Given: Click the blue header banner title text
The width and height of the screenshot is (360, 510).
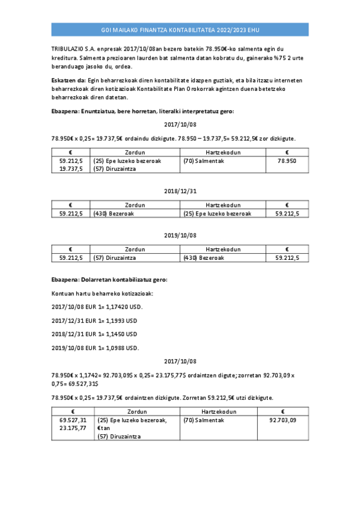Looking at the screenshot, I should pos(180,29).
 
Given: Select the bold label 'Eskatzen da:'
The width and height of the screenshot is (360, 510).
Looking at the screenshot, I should pos(69,80).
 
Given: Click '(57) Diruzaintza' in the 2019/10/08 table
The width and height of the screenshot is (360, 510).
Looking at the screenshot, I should pos(115,257).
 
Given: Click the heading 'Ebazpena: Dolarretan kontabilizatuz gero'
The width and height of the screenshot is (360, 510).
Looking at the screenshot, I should pos(109,280).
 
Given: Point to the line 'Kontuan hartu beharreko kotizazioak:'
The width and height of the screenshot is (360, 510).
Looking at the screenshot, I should pos(102,293).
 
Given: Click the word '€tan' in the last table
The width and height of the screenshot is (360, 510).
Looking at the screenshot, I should pos(103,428).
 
